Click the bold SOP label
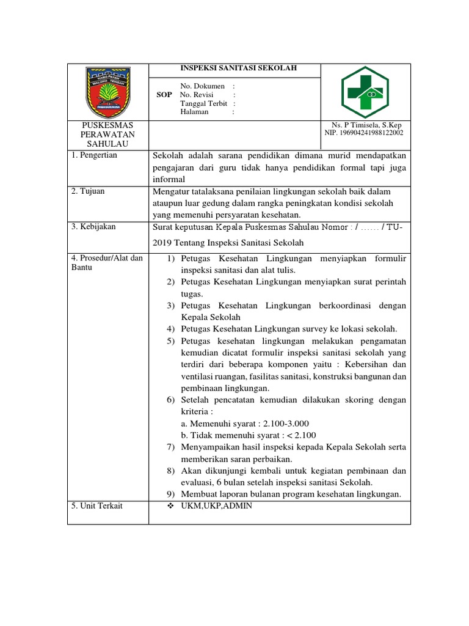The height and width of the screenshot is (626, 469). click(164, 95)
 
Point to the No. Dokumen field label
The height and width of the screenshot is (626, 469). click(202, 86)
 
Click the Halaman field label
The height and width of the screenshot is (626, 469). click(194, 112)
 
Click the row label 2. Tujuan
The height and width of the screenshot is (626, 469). click(88, 191)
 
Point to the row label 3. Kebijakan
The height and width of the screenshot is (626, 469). click(93, 227)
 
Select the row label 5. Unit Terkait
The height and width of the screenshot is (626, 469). click(97, 506)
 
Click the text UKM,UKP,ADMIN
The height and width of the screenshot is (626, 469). click(216, 506)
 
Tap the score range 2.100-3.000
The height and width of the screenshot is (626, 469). click(286, 423)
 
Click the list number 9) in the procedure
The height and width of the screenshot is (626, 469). click(171, 495)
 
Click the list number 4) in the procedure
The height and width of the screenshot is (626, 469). click(171, 329)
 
